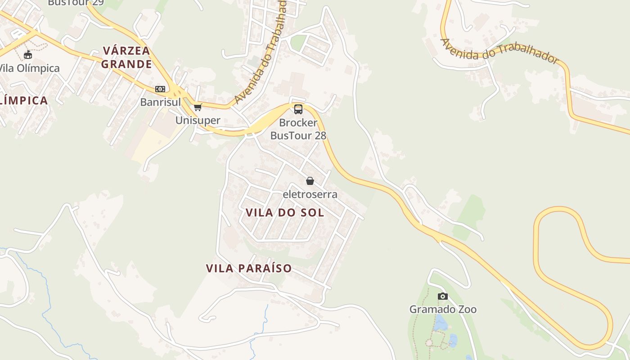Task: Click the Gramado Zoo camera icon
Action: tap(443, 296)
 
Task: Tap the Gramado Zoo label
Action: tap(442, 309)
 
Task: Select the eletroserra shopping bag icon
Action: tap(310, 181)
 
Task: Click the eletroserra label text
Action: tap(310, 194)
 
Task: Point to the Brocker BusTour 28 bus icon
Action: tap(298, 109)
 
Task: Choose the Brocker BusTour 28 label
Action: tap(298, 129)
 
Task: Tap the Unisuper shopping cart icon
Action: tap(198, 107)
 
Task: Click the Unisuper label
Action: tap(198, 120)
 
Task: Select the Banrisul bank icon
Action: tap(160, 89)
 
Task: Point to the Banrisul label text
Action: tap(160, 102)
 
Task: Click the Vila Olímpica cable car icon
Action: tap(28, 55)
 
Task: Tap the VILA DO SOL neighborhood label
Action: tap(285, 213)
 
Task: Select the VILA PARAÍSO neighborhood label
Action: tap(249, 269)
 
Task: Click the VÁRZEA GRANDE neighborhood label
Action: tap(126, 57)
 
